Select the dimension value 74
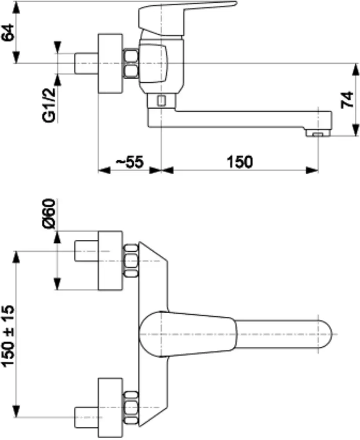pos(348,100)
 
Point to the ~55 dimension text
pos(129,162)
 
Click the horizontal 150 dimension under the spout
pos(240,162)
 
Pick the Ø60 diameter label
pos(50,213)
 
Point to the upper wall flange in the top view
pos(110,260)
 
